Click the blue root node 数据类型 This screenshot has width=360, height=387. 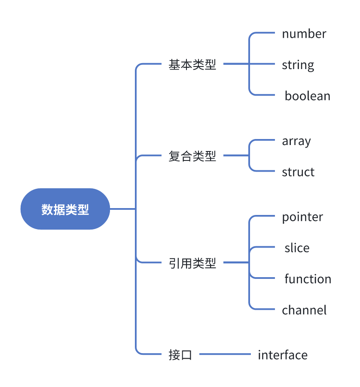point(65,209)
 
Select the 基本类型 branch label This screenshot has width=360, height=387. point(192,65)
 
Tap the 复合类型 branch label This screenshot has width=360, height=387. point(192,156)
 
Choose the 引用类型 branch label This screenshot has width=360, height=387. point(192,263)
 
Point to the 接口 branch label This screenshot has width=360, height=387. point(180,355)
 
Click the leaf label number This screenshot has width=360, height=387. point(304,34)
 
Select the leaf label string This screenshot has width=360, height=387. point(298,65)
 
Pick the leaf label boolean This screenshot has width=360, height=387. point(308,96)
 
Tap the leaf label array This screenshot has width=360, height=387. point(296,141)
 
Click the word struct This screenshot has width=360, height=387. point(298,172)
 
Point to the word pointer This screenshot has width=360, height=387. point(302,217)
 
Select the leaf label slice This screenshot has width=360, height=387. point(297,248)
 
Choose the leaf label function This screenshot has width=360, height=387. point(308,279)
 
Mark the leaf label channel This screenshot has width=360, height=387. point(304,310)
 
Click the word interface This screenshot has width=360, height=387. point(283,355)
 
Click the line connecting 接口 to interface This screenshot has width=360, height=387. point(225,354)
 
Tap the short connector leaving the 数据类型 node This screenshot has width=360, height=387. point(122,209)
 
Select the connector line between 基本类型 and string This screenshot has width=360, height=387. point(249,64)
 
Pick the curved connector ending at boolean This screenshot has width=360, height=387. point(262,95)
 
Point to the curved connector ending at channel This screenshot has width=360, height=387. point(262,309)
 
